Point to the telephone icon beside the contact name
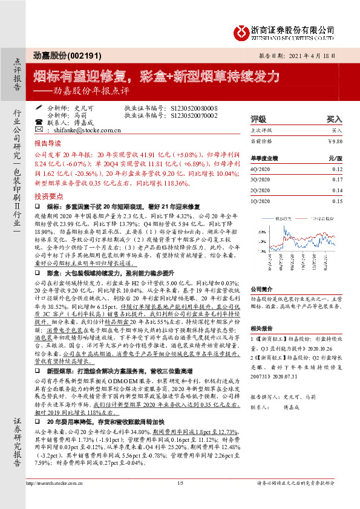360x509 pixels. point(39,122)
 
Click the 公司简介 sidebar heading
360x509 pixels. point(261,289)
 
